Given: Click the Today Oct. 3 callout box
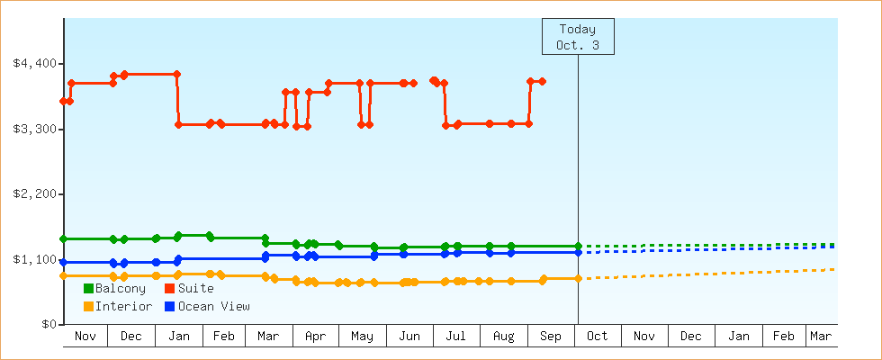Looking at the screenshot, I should click(x=578, y=37).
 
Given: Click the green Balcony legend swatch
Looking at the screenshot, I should click(x=88, y=289).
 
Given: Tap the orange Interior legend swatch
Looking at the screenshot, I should click(x=88, y=307).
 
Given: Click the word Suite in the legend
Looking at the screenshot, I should click(x=195, y=289).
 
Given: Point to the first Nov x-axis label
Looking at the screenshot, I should click(x=85, y=337).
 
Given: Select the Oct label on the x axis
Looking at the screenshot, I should click(x=598, y=337).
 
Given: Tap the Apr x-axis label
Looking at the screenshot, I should click(x=315, y=337).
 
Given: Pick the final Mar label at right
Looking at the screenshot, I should click(x=821, y=337).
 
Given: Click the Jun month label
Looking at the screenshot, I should click(x=409, y=337).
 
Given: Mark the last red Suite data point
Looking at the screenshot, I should click(x=542, y=81).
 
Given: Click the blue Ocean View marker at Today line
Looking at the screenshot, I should click(x=578, y=252).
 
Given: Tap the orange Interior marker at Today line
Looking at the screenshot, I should click(x=578, y=278).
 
